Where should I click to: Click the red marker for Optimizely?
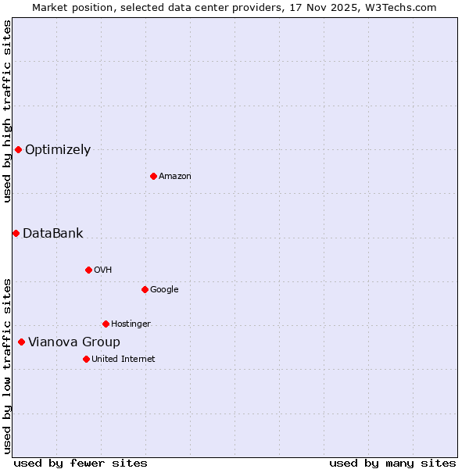click(18, 149)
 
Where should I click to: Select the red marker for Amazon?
click(153, 176)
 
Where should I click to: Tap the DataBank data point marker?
click(16, 233)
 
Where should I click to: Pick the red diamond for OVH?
click(88, 270)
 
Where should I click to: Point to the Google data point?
click(145, 289)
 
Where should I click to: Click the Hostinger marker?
click(106, 324)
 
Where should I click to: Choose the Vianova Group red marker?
click(21, 342)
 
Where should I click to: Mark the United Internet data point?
click(86, 359)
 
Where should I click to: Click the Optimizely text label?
click(58, 150)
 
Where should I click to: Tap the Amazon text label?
click(175, 177)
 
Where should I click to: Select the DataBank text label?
click(52, 234)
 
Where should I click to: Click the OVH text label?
click(102, 270)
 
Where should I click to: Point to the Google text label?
click(164, 290)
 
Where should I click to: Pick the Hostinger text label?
click(131, 324)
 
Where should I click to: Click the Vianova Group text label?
click(74, 342)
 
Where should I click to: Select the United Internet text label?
click(123, 360)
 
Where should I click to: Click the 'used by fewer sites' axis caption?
click(81, 463)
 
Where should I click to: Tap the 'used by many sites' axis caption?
click(392, 463)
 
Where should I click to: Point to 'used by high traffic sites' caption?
click(7, 111)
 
